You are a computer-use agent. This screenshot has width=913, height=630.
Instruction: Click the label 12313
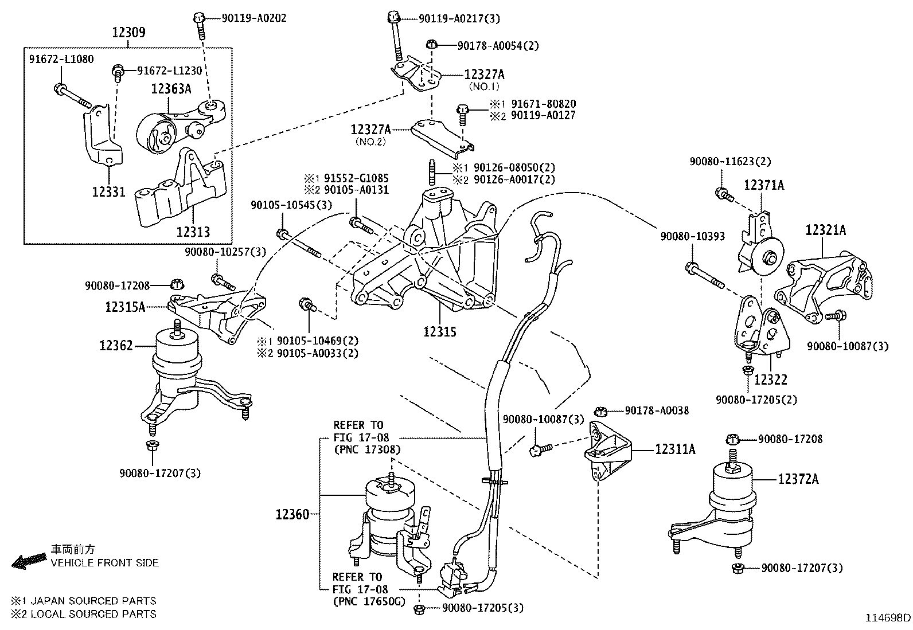click(193, 232)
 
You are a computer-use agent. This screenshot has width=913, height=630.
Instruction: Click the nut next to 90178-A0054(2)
click(433, 44)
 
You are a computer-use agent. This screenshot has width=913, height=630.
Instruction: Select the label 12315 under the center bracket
click(440, 331)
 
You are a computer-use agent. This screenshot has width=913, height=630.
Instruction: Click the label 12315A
click(125, 307)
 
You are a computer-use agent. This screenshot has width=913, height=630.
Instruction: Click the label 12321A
click(825, 230)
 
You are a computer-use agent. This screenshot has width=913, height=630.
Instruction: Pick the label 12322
click(770, 379)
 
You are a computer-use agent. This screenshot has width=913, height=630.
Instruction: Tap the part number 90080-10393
click(692, 236)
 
